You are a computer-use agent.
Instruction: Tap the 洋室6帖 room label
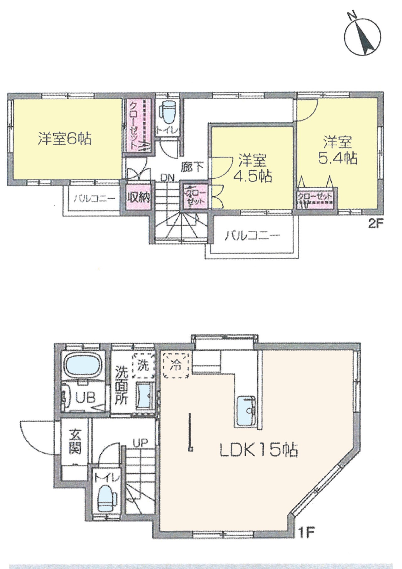pos(65,138)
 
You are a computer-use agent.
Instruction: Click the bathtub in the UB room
pos(83,364)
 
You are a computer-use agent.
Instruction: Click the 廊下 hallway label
pos(192,167)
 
